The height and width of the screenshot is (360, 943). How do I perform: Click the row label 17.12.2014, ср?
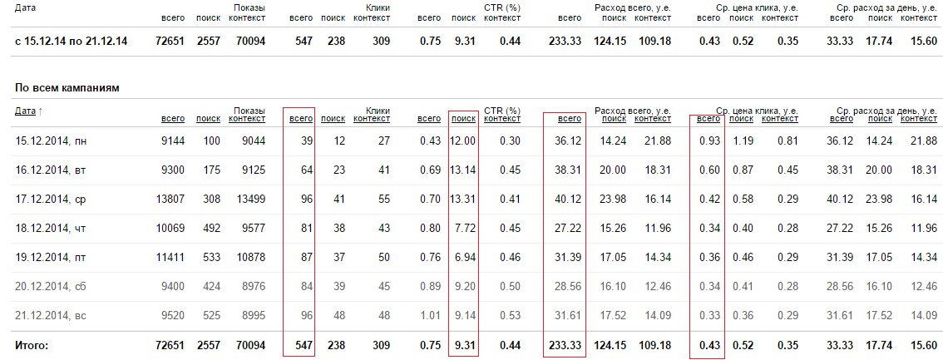pyautogui.click(x=51, y=200)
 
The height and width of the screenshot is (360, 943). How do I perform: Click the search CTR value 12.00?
pyautogui.click(x=462, y=141)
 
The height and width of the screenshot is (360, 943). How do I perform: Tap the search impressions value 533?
pyautogui.click(x=211, y=258)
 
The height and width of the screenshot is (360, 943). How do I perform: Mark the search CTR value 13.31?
pyautogui.click(x=462, y=200)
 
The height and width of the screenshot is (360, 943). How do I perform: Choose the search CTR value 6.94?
pyautogui.click(x=465, y=258)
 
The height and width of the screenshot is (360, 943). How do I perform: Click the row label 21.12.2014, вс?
pyautogui.click(x=51, y=315)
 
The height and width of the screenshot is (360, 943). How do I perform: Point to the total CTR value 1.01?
pyautogui.click(x=430, y=315)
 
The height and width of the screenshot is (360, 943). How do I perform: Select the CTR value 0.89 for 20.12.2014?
pyautogui.click(x=430, y=286)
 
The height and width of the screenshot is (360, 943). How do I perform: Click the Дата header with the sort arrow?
pyautogui.click(x=28, y=111)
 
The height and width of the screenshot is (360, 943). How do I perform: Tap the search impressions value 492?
pyautogui.click(x=211, y=229)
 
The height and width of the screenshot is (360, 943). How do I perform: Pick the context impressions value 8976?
pyautogui.click(x=251, y=286)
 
